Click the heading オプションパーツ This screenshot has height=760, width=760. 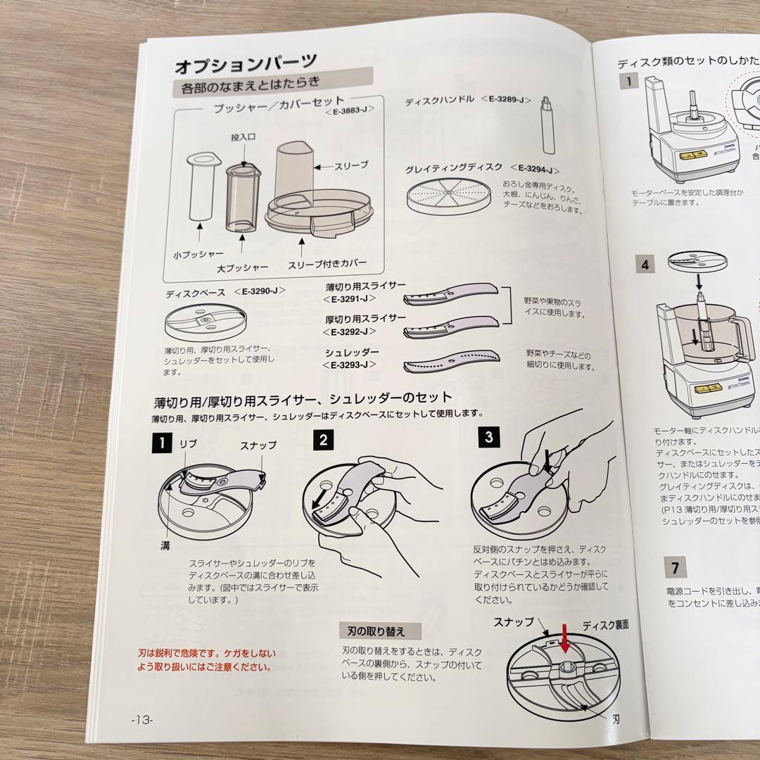[x=246, y=66]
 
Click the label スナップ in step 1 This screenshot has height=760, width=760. [x=258, y=445]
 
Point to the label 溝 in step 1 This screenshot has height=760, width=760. [x=166, y=545]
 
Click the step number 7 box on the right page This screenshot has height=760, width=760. [x=675, y=566]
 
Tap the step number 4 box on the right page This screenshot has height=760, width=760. [x=645, y=265]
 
